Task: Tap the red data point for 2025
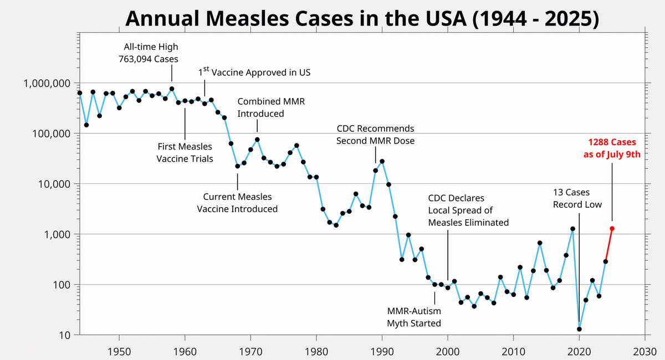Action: [612, 228]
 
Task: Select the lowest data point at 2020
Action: [579, 329]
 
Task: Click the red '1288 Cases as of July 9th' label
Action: [612, 148]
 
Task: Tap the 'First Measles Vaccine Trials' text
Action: [185, 152]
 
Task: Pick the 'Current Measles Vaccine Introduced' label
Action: [237, 203]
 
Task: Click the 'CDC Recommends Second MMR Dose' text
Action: [375, 135]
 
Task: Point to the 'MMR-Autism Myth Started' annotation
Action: [414, 317]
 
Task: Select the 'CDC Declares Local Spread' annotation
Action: [468, 210]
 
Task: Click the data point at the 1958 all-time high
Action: [172, 89]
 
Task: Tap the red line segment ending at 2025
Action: [608, 245]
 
